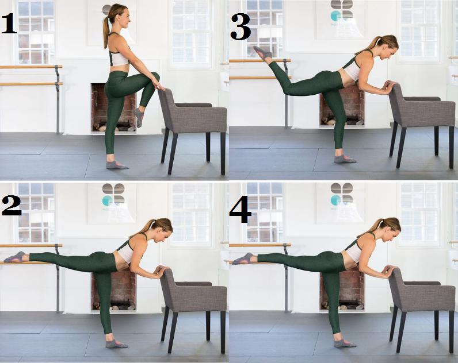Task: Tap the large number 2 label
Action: click(12, 205)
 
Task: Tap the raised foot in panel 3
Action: click(262, 53)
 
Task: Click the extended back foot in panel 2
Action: click(16, 257)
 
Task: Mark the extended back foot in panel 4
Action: click(245, 258)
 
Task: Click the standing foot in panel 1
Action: click(116, 165)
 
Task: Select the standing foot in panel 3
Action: click(345, 159)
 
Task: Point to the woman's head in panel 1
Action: click(119, 17)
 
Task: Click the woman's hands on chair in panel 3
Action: click(390, 86)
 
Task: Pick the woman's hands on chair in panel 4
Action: click(390, 270)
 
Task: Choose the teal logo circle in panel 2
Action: click(107, 200)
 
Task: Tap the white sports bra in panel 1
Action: click(119, 56)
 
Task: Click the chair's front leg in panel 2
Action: click(173, 333)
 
